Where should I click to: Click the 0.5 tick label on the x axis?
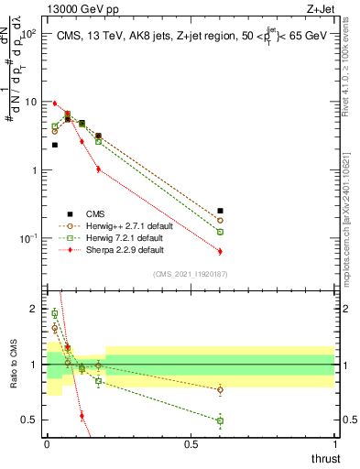click(x=191, y=444)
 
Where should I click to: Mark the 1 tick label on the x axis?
click(x=334, y=444)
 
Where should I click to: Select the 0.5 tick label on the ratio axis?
click(x=29, y=420)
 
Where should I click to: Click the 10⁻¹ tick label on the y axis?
click(x=27, y=238)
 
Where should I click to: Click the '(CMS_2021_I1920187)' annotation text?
click(x=191, y=274)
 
